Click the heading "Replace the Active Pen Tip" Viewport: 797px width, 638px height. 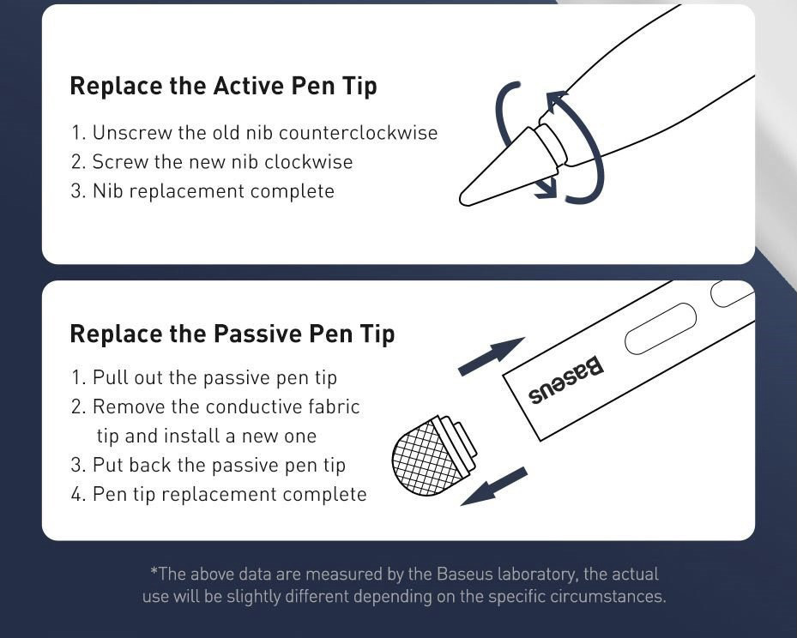pyautogui.click(x=223, y=86)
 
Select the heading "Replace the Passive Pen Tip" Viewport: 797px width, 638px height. pyautogui.click(x=232, y=334)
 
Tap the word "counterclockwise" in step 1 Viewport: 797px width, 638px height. pyautogui.click(x=359, y=133)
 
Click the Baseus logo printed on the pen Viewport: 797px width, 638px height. pyautogui.click(x=566, y=381)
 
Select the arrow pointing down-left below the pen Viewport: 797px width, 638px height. pyautogui.click(x=493, y=486)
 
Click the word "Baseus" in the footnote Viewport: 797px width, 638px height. pyautogui.click(x=465, y=574)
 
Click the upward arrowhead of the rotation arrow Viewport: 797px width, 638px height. pyautogui.click(x=556, y=101)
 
